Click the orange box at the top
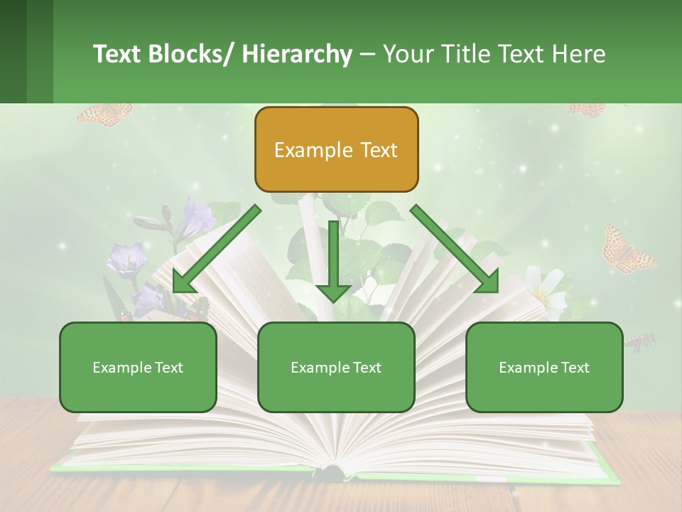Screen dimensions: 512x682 point(336,149)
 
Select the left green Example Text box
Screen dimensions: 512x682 point(138,367)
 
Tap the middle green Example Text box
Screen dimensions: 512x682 point(336,367)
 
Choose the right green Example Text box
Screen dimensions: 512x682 point(544,367)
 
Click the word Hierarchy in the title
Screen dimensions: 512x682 point(297,54)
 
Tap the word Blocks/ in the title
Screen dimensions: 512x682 point(191,54)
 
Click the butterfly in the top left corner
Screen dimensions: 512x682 point(105,114)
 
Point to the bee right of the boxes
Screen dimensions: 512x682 point(642,343)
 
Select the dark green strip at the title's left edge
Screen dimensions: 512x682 point(13,51)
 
